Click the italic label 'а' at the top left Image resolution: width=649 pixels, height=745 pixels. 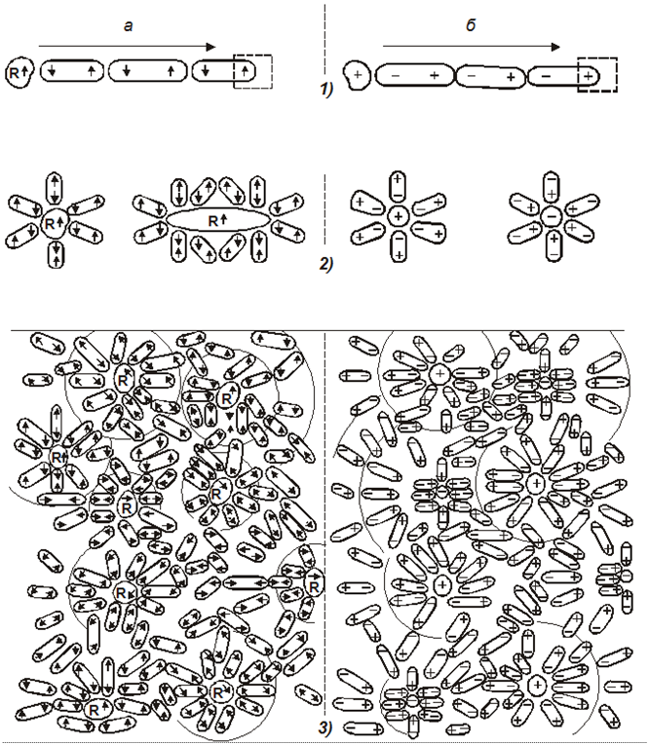coord(128,26)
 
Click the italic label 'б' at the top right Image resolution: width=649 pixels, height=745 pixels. coord(471,24)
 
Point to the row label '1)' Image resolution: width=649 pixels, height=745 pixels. coord(326,90)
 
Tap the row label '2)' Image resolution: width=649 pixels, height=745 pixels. coord(326,264)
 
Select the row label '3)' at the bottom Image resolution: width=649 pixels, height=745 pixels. coord(324,727)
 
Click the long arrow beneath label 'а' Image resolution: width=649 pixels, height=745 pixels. coord(128,47)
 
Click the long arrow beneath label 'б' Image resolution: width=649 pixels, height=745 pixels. coord(472,47)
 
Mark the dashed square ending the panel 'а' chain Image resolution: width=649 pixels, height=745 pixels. coord(253,71)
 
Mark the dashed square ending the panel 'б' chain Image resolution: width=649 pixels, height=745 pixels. coord(597,75)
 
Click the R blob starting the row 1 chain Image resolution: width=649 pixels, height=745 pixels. coord(19,73)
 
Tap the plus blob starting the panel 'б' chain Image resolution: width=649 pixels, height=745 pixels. coord(357,75)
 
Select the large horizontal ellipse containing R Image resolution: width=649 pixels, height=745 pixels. coord(218,220)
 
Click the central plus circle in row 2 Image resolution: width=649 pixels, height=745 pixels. coord(398,217)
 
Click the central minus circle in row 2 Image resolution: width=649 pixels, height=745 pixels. coord(552,217)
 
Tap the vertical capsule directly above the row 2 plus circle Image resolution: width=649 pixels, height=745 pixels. coord(398,187)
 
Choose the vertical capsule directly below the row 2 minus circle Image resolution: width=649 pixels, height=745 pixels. coord(554,245)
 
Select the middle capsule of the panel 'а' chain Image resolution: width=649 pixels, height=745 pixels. coord(148,71)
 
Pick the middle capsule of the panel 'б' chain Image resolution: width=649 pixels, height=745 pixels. coord(491,77)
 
